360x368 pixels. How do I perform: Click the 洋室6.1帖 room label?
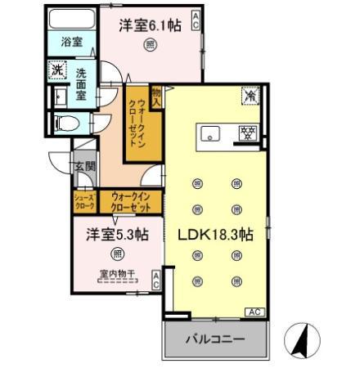pos(150,25)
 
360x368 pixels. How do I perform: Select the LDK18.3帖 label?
pos(215,234)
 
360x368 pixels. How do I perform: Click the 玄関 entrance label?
pos(84,167)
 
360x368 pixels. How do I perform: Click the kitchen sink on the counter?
pos(209,132)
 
